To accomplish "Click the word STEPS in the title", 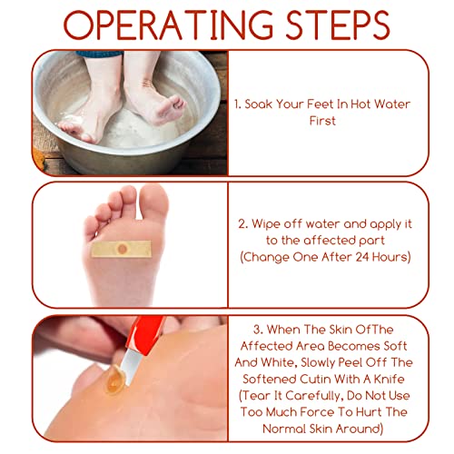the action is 338,25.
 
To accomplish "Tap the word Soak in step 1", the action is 258,104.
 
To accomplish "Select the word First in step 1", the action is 322,121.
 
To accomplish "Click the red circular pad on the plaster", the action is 122,249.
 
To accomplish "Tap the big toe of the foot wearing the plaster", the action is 153,202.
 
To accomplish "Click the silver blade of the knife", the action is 131,367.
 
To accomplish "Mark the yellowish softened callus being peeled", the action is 115,379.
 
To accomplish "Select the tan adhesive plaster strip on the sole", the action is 122,249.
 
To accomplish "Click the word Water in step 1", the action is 392,104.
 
